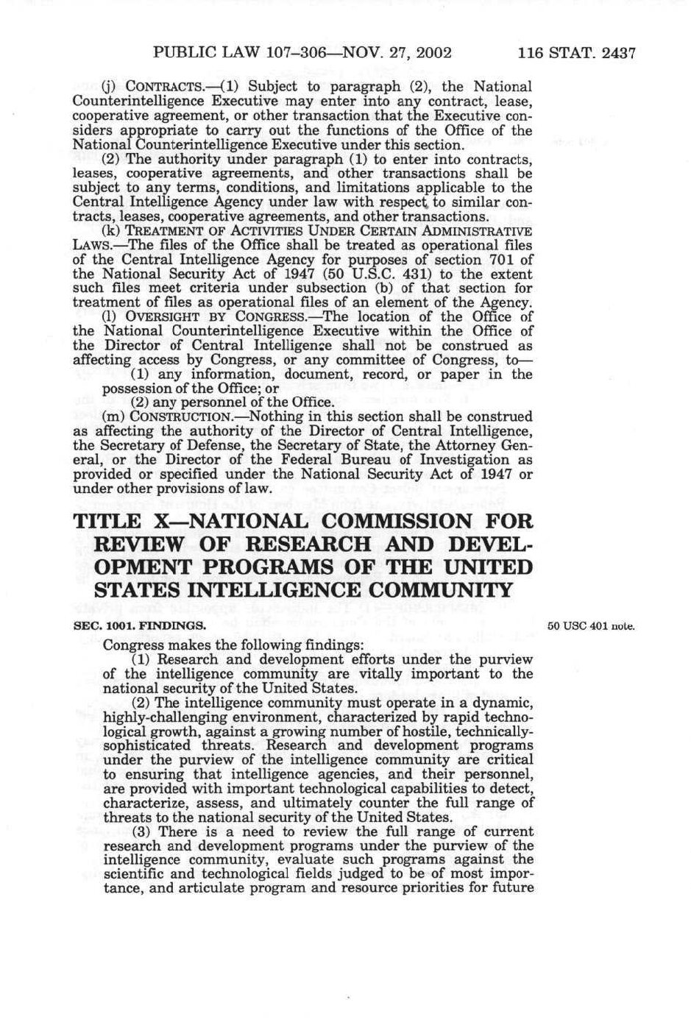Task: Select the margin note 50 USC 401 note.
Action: point(590,626)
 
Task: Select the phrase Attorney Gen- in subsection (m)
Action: point(488,446)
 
